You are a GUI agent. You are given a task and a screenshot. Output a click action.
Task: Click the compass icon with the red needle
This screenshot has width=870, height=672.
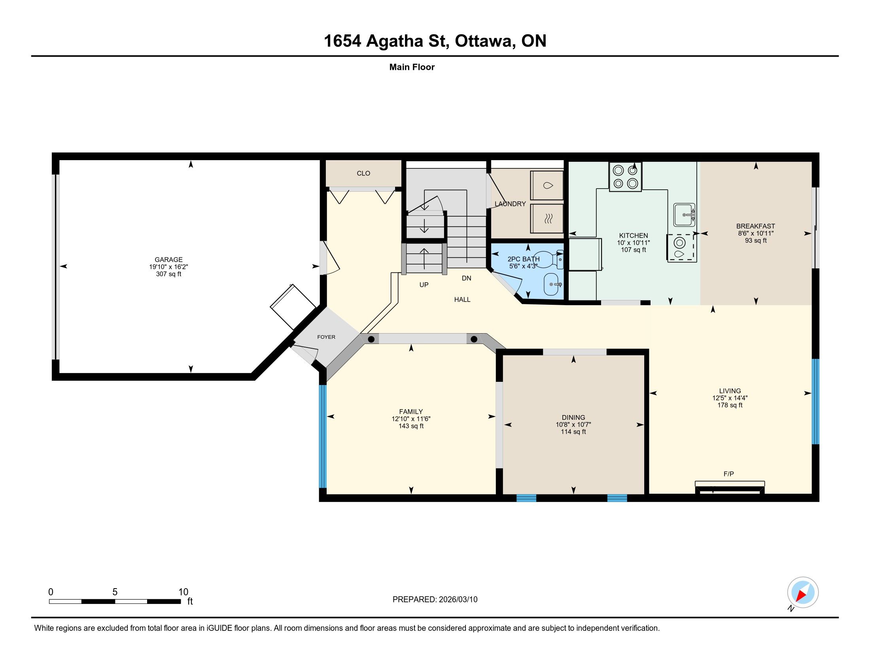tap(803, 592)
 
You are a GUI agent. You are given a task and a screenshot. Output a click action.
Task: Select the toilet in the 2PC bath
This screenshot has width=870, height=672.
tap(548, 259)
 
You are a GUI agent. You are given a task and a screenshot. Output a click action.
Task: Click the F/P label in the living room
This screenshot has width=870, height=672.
tap(728, 474)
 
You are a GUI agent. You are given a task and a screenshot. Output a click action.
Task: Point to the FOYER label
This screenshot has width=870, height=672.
tap(326, 337)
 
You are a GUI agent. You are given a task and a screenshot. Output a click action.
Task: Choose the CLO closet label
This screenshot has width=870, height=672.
tap(363, 173)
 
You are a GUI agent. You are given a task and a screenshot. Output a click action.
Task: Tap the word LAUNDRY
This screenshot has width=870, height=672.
tap(510, 204)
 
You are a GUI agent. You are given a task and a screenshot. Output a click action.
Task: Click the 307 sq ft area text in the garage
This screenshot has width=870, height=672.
tap(168, 274)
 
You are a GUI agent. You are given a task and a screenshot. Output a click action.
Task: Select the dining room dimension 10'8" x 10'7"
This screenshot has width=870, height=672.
tap(574, 425)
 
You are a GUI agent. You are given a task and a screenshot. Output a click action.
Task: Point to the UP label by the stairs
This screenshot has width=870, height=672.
tap(424, 285)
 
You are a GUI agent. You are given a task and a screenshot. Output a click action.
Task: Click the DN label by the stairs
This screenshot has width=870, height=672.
tap(467, 278)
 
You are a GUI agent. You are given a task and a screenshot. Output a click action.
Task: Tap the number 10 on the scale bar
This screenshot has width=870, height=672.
tap(183, 592)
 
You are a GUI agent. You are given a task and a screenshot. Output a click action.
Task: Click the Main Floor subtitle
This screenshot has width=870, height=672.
tap(412, 67)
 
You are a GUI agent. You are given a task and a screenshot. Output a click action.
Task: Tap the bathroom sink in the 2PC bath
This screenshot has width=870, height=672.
tap(552, 284)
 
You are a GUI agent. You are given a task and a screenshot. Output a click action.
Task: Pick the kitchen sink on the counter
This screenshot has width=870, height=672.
tap(685, 215)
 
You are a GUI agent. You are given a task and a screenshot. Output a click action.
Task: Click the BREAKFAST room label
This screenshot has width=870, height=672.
tap(756, 226)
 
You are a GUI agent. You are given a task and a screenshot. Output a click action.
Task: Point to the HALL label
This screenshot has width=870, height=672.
tap(462, 299)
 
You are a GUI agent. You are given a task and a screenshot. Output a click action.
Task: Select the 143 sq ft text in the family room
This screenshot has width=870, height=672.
tap(411, 426)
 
